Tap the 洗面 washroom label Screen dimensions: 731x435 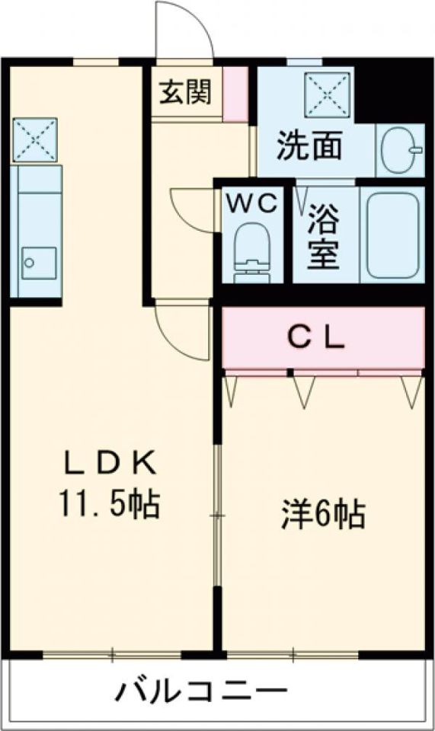(x=309, y=147)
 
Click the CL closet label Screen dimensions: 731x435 (x=316, y=337)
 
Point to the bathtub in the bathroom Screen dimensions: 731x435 (x=393, y=235)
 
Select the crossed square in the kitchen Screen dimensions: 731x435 (x=35, y=139)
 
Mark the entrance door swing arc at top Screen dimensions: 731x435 (x=183, y=30)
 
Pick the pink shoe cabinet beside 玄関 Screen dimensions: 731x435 (x=235, y=93)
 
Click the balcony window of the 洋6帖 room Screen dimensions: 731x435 (x=293, y=654)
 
